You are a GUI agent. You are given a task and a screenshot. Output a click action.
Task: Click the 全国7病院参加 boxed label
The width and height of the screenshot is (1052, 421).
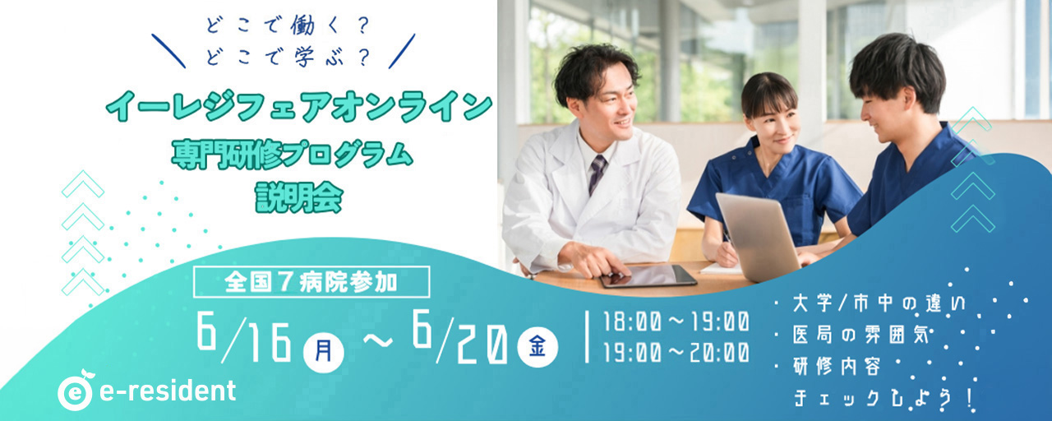311,282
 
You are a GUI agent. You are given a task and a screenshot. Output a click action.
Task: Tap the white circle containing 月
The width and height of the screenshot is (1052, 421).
324,352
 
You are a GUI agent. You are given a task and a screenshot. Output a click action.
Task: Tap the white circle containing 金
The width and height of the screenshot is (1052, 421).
538,347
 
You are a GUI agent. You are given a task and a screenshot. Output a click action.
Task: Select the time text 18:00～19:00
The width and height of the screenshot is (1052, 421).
676,323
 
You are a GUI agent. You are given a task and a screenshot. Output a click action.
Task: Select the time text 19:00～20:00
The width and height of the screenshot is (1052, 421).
676,353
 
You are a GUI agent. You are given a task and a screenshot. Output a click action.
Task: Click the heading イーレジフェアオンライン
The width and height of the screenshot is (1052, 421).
299,107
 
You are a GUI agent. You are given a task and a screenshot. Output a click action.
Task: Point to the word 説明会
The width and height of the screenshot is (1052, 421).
299,197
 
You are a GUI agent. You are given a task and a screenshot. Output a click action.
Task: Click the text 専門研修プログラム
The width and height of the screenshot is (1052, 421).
292,155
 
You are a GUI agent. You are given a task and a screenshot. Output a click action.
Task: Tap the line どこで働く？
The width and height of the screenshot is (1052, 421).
287,26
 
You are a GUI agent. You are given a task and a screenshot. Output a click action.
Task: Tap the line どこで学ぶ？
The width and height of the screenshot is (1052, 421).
287,58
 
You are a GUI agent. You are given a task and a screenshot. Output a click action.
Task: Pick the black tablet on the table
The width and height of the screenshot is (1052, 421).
648,276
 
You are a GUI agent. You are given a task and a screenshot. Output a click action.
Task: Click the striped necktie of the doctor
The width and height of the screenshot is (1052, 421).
597,173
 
